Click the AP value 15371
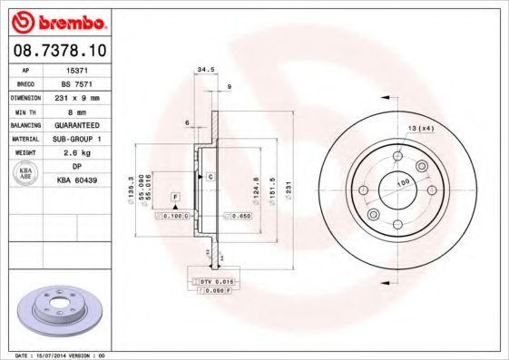77,69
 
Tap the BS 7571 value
77,83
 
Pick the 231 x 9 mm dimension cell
78,96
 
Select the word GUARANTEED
78,124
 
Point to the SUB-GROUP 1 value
78,139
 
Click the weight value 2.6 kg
78,153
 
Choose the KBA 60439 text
78,181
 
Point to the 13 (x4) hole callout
420,127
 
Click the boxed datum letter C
210,176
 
